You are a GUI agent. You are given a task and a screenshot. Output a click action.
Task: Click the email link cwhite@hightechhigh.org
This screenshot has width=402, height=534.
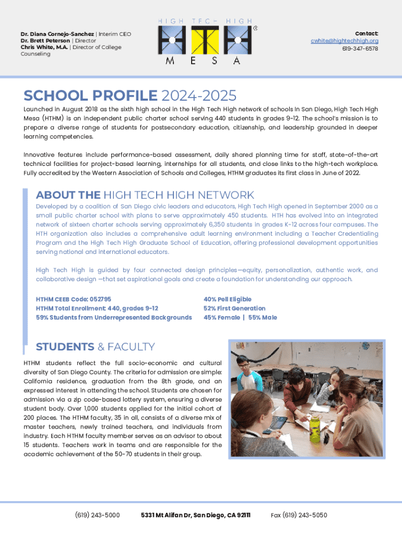coord(345,41)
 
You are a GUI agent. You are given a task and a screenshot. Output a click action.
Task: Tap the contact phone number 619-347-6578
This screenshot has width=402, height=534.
coord(360,48)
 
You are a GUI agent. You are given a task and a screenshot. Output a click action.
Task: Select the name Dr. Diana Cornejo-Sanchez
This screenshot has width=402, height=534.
coord(57,34)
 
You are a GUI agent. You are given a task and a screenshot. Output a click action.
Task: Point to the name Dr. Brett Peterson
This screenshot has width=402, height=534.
coord(45,41)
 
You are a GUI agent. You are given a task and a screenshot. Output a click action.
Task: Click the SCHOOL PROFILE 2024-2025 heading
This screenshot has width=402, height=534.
coord(130,95)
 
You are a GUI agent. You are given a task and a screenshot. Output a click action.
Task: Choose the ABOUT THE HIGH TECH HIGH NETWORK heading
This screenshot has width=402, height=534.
coord(145,195)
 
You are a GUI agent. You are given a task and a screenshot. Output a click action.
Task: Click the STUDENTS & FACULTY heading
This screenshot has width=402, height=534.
coord(95,347)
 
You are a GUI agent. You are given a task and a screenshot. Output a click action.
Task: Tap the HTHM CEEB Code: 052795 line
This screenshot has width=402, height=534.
coord(74,299)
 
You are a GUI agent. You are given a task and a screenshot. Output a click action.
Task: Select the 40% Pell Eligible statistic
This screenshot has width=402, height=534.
coord(227,299)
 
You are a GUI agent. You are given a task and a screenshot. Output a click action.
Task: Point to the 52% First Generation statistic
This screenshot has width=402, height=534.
coord(234,308)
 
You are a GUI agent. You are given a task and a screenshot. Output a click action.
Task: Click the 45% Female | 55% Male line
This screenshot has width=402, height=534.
coord(240,318)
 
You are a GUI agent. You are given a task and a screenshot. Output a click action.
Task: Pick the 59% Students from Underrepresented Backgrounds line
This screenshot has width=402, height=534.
coord(114,318)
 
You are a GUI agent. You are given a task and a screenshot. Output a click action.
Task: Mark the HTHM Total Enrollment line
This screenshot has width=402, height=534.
coord(97,308)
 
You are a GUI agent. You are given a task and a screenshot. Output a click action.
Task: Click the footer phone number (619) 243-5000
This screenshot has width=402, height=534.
coord(98,515)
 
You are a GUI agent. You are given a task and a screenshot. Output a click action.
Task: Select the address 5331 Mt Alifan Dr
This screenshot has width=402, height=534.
coord(195,515)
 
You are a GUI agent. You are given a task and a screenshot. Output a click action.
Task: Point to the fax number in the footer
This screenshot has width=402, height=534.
coord(299,515)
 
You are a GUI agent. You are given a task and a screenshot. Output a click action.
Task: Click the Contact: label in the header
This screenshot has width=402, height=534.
coord(366,33)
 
